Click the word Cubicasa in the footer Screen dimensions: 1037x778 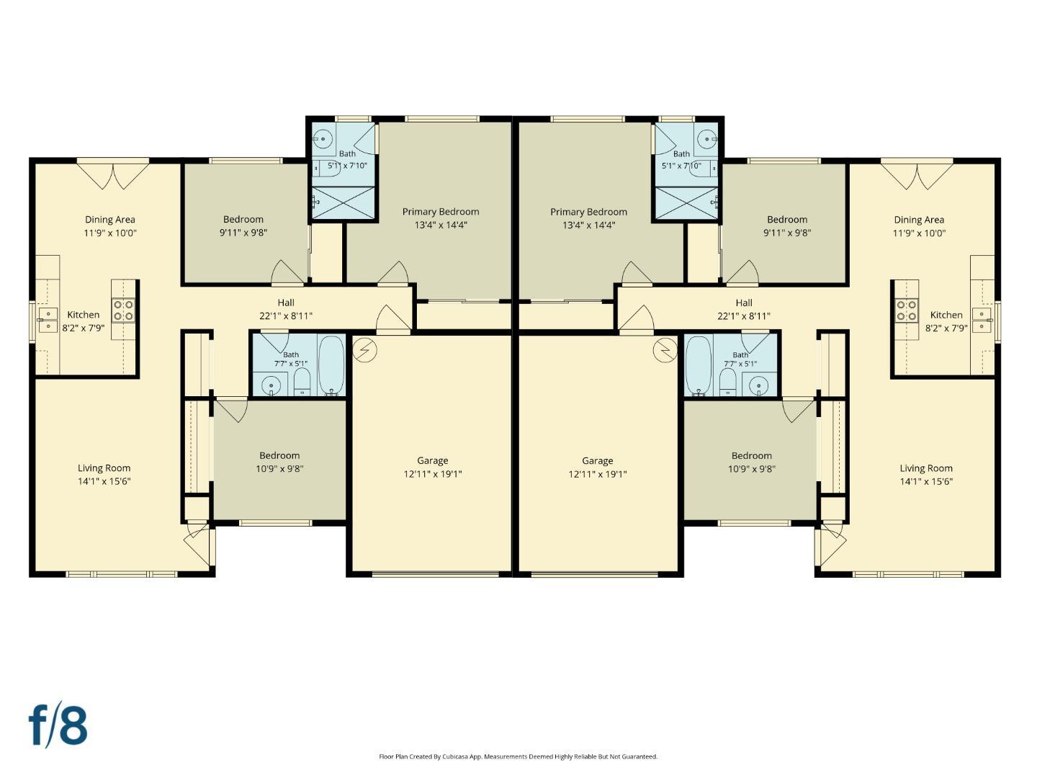pyautogui.click(x=454, y=756)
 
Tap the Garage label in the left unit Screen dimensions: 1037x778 pyautogui.click(x=432, y=460)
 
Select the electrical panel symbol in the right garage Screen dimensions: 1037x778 pyautogui.click(x=665, y=350)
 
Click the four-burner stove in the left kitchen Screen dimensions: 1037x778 pyautogui.click(x=123, y=310)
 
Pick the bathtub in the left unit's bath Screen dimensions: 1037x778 pyautogui.click(x=331, y=365)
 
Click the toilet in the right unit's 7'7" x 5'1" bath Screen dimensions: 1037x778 pyautogui.click(x=727, y=382)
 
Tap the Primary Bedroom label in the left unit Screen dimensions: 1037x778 pyautogui.click(x=440, y=212)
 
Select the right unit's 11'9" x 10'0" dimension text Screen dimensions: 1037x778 pyautogui.click(x=919, y=233)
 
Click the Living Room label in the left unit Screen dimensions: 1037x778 pyautogui.click(x=104, y=468)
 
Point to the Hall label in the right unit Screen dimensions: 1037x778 pyautogui.click(x=744, y=303)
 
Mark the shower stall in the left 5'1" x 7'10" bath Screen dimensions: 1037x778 pyautogui.click(x=344, y=203)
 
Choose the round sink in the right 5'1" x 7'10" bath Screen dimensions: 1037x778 pyautogui.click(x=706, y=138)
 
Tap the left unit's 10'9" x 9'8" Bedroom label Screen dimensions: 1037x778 pyautogui.click(x=279, y=455)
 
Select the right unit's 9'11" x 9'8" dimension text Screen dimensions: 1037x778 pyautogui.click(x=787, y=233)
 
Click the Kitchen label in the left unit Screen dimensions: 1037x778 pyautogui.click(x=83, y=315)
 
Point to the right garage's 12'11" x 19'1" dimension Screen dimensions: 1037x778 pyautogui.click(x=597, y=474)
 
